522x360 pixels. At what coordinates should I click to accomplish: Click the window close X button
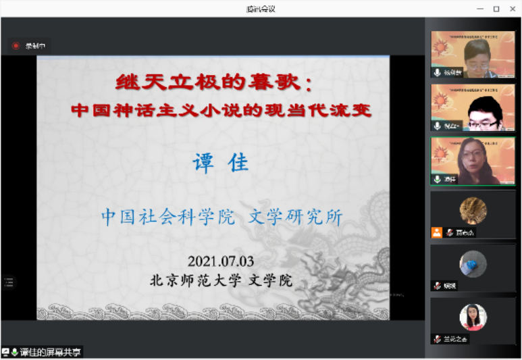[x=511, y=9]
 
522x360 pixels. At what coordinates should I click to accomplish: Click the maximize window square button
[x=496, y=9]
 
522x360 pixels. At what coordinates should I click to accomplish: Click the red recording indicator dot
[x=16, y=46]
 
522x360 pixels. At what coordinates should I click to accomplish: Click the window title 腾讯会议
[x=261, y=9]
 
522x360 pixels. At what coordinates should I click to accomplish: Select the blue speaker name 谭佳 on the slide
[x=221, y=162]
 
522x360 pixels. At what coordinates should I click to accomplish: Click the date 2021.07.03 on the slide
[x=221, y=261]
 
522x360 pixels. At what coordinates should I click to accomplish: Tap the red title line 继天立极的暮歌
[x=213, y=84]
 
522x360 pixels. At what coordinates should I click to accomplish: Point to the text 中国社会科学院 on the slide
[x=168, y=217]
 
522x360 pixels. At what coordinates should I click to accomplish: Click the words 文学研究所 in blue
[x=295, y=217]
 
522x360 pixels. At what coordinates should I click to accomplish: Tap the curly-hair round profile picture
[x=473, y=210]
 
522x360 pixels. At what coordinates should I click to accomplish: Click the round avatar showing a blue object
[x=473, y=263]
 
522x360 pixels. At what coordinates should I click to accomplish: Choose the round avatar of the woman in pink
[x=473, y=317]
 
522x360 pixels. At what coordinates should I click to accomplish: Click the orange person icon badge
[x=438, y=232]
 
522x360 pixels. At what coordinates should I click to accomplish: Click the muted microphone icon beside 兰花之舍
[x=438, y=339]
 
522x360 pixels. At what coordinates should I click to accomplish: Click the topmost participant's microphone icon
[x=438, y=72]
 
